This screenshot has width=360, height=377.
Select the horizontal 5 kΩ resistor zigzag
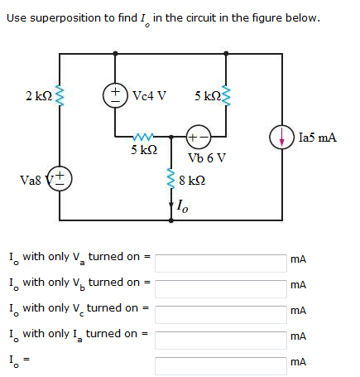[x=143, y=137]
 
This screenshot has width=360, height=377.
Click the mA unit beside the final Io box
[x=298, y=362]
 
